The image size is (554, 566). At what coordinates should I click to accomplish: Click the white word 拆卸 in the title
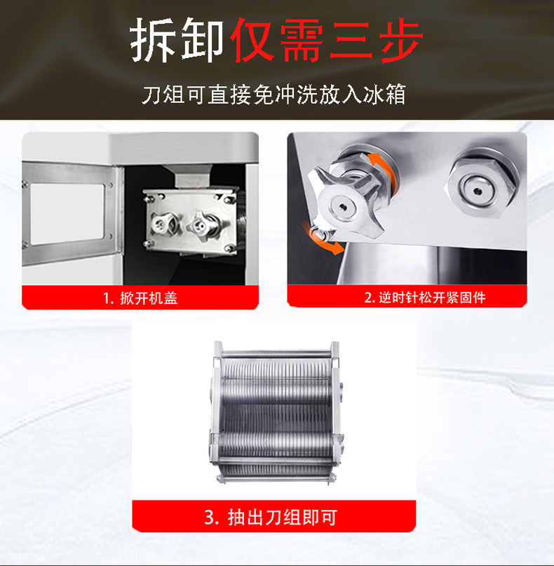pyautogui.click(x=177, y=40)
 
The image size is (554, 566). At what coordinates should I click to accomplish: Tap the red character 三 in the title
pyautogui.click(x=351, y=40)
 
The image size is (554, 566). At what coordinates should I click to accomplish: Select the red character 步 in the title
pyautogui.click(x=401, y=40)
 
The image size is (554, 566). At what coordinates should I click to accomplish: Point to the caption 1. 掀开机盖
pyautogui.click(x=140, y=298)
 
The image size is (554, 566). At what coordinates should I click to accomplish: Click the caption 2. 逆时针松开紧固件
pyautogui.click(x=425, y=298)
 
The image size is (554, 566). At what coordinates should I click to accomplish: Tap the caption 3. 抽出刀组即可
pyautogui.click(x=271, y=517)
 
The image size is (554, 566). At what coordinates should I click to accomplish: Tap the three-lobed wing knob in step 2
pyautogui.click(x=346, y=203)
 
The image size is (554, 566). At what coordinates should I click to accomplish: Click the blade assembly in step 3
pyautogui.click(x=276, y=412)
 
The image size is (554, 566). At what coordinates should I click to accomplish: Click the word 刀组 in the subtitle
pyautogui.click(x=163, y=95)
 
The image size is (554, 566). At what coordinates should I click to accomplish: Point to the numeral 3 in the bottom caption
pyautogui.click(x=210, y=518)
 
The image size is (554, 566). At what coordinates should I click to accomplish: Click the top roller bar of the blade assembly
pyautogui.click(x=276, y=354)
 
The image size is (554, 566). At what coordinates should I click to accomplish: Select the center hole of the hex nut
pyautogui.click(x=478, y=191)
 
